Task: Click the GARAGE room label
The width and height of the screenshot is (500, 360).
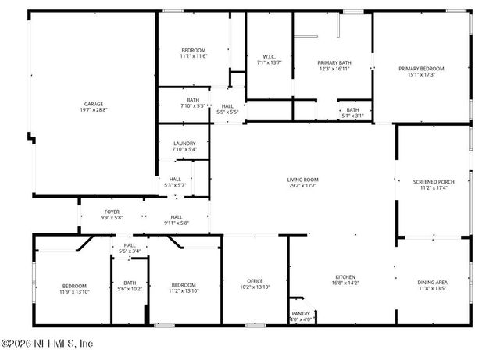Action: click(94, 104)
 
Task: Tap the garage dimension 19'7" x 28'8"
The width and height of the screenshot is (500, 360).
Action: click(94, 110)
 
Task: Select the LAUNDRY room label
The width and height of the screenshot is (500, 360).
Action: click(184, 143)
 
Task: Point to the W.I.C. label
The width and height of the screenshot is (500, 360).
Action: click(270, 56)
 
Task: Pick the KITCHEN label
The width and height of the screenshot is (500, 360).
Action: click(345, 276)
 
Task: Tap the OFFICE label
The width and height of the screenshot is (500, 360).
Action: click(255, 281)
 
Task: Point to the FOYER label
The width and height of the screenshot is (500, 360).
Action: click(112, 212)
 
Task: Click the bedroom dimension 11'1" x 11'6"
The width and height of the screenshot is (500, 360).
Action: click(193, 56)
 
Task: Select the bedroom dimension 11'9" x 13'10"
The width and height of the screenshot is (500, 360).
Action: click(75, 291)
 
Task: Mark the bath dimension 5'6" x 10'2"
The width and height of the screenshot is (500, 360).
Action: click(130, 288)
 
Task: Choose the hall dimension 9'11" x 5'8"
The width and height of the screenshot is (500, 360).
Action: click(177, 223)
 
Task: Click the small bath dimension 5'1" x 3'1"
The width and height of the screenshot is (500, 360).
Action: click(353, 116)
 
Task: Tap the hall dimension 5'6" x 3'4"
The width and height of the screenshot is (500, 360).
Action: click(129, 251)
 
